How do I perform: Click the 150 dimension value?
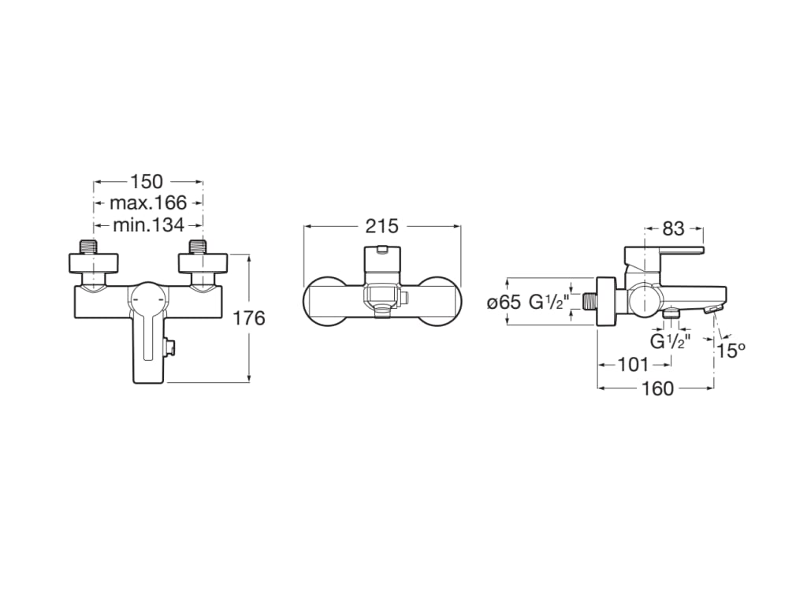pos(147,182)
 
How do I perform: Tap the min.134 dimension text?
pos(148,225)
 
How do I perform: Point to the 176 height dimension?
pos(249,318)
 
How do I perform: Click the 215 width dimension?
pos(381,227)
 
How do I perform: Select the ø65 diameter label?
pos(504,302)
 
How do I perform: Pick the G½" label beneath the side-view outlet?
pos(671,342)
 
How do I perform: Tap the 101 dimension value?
pos(634,365)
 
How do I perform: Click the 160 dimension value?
pos(658,388)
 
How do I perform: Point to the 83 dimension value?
pos(674,228)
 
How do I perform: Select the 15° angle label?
pos(731,351)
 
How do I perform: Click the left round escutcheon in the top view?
pos(324,301)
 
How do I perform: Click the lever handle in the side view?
pos(662,252)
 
